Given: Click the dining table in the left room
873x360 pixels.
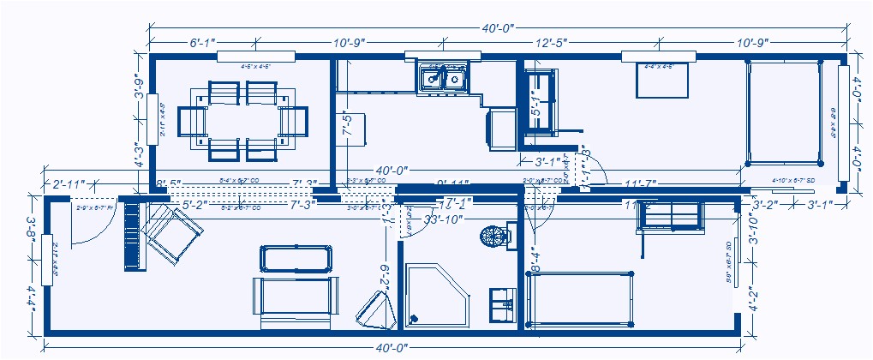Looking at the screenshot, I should (242, 120).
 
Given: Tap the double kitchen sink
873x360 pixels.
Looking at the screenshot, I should (443, 80).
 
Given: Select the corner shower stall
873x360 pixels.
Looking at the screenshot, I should (434, 294).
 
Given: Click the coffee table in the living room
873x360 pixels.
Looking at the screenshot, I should (295, 259).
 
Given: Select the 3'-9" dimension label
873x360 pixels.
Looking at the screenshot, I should (140, 86).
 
